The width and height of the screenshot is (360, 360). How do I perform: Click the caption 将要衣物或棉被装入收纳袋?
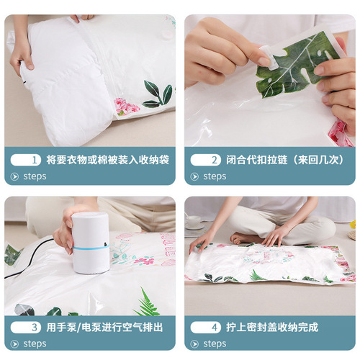(x=108, y=159)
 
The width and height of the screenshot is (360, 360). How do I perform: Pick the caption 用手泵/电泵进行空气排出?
(x=108, y=327)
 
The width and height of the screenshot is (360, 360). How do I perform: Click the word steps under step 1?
(x=35, y=176)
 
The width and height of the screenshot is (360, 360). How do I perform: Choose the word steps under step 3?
(x=35, y=343)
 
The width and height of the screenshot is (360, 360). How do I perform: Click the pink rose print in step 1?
(x=128, y=108)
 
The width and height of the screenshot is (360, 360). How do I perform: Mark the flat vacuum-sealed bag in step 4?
(x=270, y=263)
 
